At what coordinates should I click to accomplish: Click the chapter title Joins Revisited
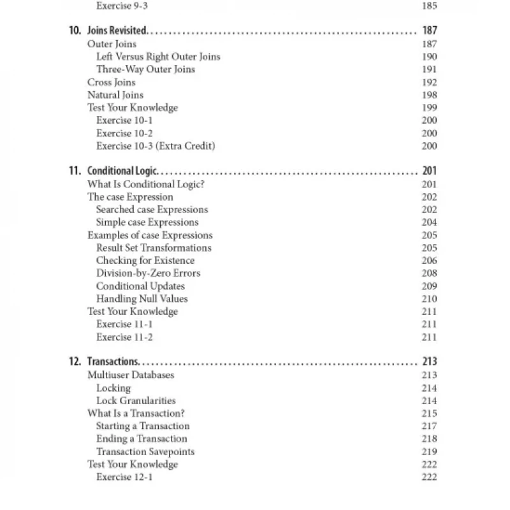(117, 31)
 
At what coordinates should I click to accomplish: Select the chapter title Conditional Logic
(122, 171)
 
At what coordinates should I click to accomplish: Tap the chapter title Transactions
(113, 362)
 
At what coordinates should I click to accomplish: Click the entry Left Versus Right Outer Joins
(158, 57)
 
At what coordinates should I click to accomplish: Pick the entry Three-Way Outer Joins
(145, 69)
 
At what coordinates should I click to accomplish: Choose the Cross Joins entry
(111, 82)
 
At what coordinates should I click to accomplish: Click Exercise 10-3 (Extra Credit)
(156, 146)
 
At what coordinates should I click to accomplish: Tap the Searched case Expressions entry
(152, 210)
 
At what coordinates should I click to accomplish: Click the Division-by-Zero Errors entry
(148, 273)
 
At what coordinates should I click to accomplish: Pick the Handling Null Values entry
(142, 299)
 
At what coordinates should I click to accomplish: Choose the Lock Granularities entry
(136, 401)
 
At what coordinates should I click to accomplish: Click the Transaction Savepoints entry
(145, 452)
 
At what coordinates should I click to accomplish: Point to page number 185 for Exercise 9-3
(429, 6)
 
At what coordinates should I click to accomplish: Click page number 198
(429, 95)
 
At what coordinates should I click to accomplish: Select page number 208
(429, 273)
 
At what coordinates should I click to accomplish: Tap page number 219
(429, 452)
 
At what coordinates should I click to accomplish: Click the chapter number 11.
(74, 171)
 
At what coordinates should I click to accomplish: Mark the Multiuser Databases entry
(130, 375)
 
